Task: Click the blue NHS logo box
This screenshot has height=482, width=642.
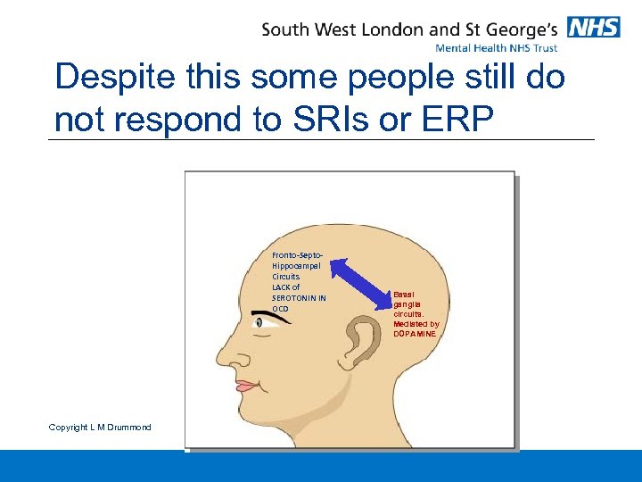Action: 593,27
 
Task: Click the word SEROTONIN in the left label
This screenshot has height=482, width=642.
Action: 293,297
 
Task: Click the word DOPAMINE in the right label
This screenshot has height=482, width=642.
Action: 415,333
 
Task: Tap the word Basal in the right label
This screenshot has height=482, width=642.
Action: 403,293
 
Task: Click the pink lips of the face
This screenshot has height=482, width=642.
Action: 246,386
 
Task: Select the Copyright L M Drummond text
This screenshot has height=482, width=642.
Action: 100,428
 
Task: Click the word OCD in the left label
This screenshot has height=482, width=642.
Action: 281,308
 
